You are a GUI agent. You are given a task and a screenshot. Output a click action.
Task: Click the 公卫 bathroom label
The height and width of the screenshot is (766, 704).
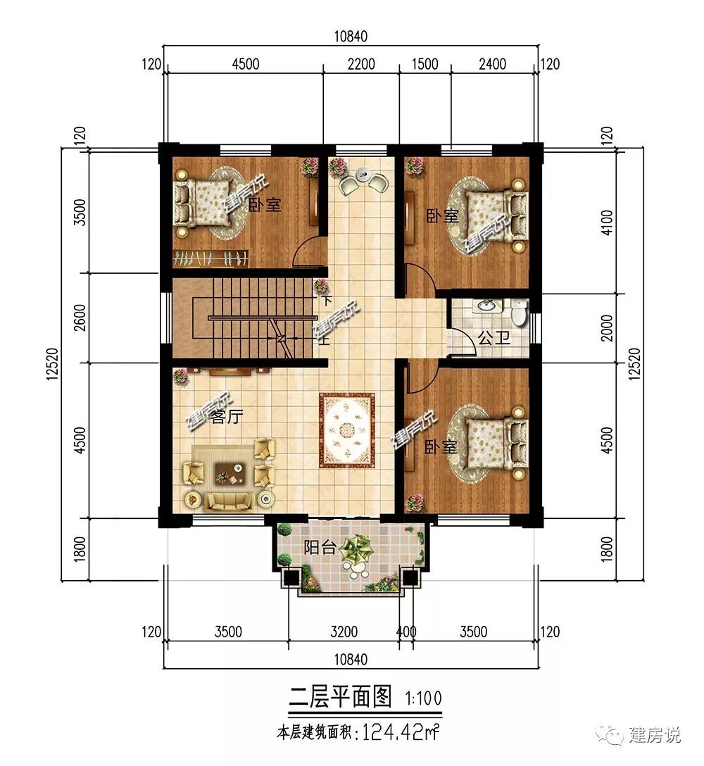click(494, 337)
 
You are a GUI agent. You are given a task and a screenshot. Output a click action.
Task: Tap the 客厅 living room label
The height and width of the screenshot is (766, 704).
click(227, 417)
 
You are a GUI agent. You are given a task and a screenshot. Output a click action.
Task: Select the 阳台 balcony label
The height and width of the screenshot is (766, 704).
click(320, 547)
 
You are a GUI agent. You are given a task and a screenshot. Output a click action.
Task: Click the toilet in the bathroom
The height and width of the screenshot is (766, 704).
click(518, 312)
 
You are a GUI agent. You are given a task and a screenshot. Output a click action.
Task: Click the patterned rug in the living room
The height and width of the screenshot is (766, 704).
click(347, 429)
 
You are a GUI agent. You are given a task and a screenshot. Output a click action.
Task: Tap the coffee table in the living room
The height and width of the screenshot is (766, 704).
click(229, 472)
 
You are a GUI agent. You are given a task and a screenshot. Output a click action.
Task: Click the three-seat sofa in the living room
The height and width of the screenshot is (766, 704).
click(229, 501)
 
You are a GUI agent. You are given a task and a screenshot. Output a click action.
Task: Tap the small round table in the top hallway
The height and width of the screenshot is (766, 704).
click(363, 173)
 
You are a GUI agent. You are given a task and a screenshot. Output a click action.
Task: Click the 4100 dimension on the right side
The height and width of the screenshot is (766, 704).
click(606, 222)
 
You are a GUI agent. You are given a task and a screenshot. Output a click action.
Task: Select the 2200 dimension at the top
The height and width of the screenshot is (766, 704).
click(361, 64)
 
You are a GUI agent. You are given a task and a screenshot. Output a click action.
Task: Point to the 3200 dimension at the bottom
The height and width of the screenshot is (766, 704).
click(344, 632)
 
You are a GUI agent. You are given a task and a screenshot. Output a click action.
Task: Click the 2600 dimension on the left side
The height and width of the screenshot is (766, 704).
click(81, 318)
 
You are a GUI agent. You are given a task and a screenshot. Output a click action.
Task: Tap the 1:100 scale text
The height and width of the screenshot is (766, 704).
click(423, 698)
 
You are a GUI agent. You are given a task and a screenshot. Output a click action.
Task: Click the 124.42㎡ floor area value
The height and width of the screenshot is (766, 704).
click(398, 732)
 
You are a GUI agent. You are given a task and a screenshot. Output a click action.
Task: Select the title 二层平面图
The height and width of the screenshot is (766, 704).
click(340, 696)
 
